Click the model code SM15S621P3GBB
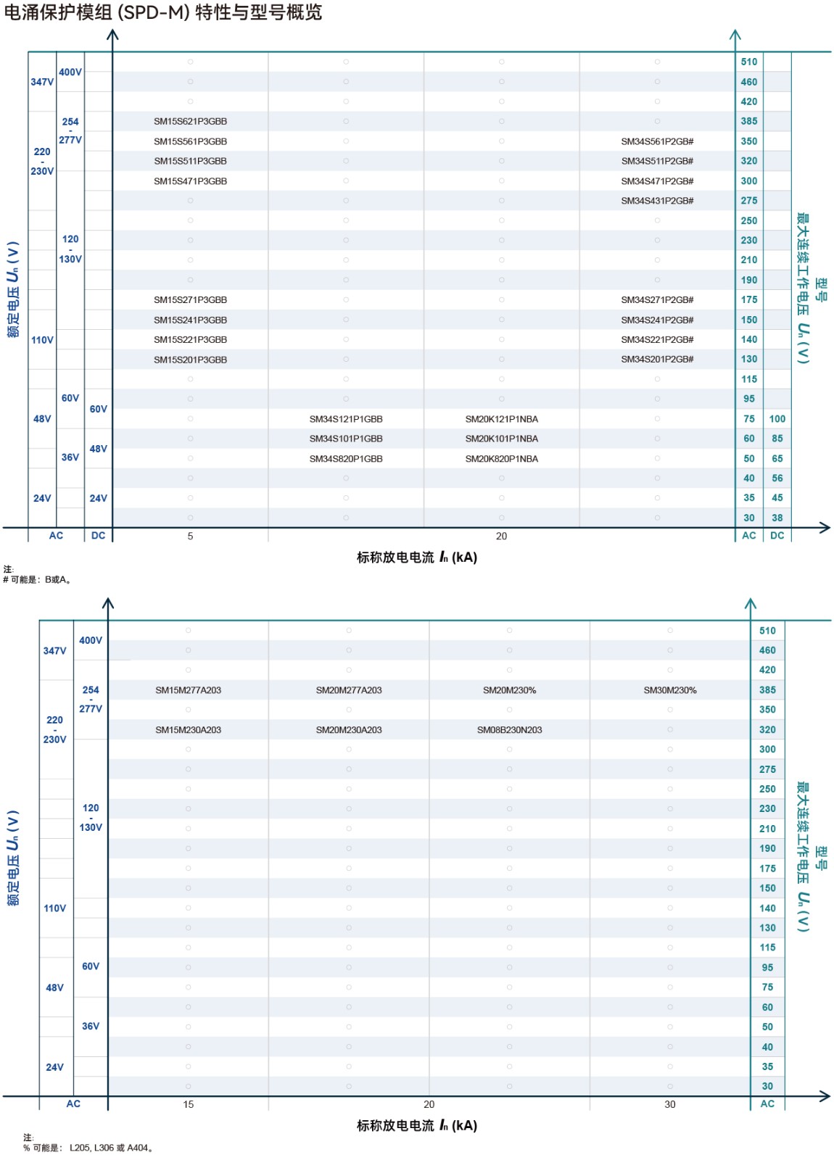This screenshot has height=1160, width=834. click(x=190, y=121)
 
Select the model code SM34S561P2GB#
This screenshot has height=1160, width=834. click(x=657, y=141)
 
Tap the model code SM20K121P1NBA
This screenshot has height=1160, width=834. click(x=501, y=419)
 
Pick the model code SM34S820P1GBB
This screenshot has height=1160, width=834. click(x=346, y=459)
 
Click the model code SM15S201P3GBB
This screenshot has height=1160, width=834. click(x=190, y=360)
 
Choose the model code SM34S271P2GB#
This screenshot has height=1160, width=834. click(x=657, y=299)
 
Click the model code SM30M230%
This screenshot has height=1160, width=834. click(x=669, y=690)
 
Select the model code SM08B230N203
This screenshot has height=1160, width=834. click(x=509, y=730)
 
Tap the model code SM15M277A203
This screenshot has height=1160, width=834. click(x=188, y=690)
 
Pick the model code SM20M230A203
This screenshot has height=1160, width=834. click(x=348, y=730)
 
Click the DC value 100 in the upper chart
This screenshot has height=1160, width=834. click(x=777, y=419)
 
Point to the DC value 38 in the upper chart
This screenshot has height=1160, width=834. click(x=777, y=518)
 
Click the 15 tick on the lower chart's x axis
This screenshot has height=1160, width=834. click(x=188, y=1104)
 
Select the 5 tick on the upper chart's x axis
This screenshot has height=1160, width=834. click(x=190, y=536)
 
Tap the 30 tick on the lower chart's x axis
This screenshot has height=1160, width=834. click(x=669, y=1104)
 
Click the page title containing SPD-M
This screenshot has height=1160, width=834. click(x=162, y=12)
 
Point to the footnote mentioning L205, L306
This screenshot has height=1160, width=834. click(x=88, y=1148)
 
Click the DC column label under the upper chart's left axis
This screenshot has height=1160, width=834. click(x=98, y=536)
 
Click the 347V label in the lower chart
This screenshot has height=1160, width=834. click(x=54, y=650)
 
